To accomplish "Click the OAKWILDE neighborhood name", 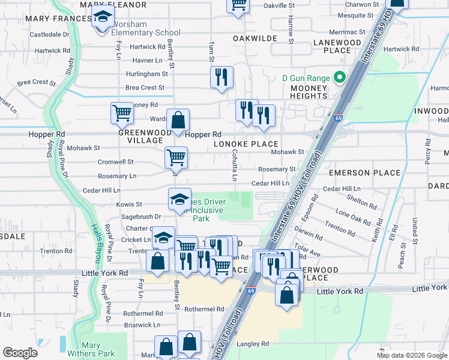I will tap(255, 38).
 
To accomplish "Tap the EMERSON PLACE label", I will tap(364, 173).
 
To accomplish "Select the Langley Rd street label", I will tap(252, 344).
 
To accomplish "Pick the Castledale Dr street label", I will tap(50, 35).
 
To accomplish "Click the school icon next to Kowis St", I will tap(179, 200).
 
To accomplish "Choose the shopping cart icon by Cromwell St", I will tap(176, 158).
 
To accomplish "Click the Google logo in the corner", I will tap(20, 353).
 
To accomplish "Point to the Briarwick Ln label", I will tap(142, 325).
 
